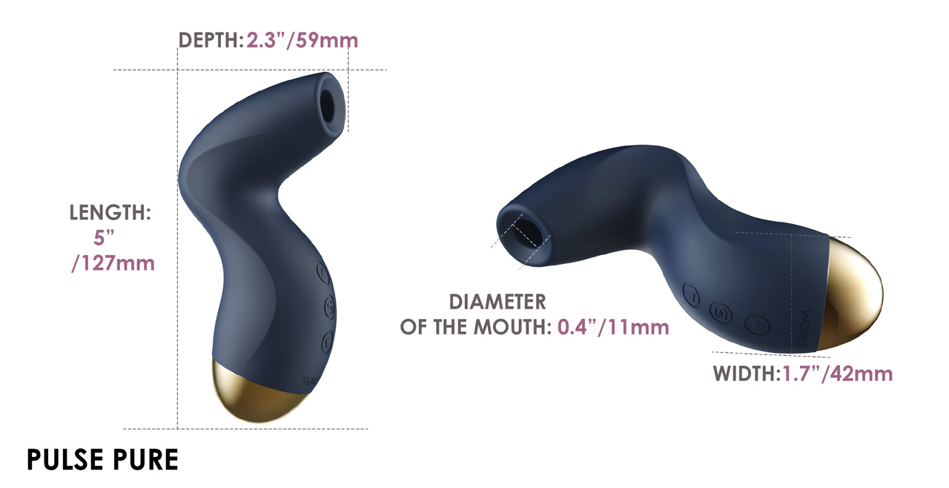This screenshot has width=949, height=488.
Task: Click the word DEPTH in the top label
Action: tap(208, 41)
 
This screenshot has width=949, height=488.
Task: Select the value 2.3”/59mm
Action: tap(302, 41)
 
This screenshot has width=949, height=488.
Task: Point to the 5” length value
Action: tap(104, 237)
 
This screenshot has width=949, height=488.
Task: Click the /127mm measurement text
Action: tap(113, 263)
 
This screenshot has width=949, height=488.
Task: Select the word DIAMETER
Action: tap(497, 302)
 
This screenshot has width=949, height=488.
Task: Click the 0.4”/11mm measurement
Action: tap(613, 327)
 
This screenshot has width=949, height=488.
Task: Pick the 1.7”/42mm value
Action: tap(837, 374)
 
